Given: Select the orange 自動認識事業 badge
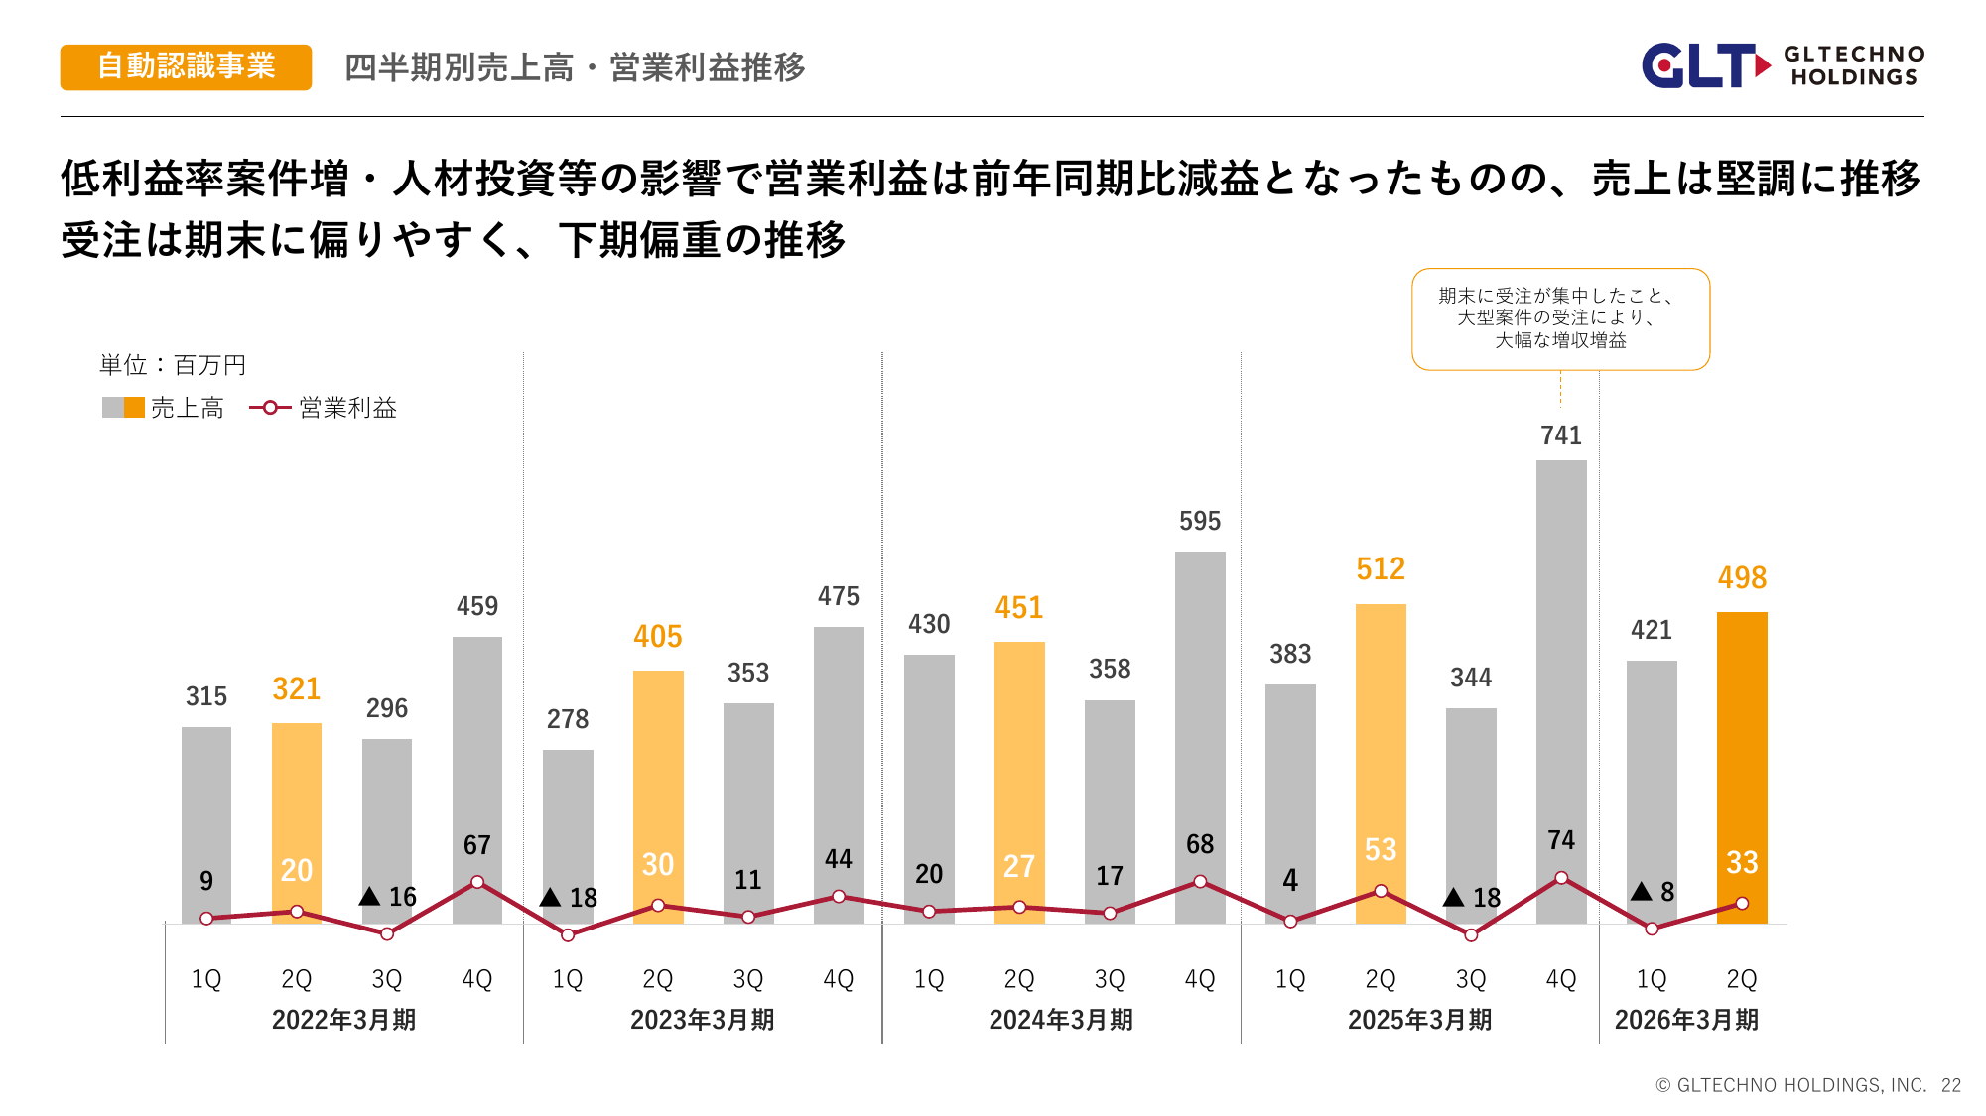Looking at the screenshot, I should [186, 66].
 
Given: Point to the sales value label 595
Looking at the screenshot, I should [1200, 521].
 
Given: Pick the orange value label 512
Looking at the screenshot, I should [1381, 569].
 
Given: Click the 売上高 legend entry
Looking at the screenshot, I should [164, 408].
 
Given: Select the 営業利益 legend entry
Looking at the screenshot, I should [324, 408].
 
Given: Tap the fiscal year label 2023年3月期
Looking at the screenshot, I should [703, 1020].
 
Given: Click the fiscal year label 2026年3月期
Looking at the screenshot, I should [1686, 1020].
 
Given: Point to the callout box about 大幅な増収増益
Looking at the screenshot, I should [1560, 318].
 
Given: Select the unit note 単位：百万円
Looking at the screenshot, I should [173, 365].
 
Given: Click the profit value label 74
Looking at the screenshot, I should [1561, 840].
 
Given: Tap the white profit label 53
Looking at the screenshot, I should [1381, 850].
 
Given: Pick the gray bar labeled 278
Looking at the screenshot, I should [568, 823].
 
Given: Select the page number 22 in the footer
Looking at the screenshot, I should [1951, 1085].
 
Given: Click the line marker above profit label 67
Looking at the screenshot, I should [477, 882].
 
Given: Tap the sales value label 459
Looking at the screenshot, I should [477, 606].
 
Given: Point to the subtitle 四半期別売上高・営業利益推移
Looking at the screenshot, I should [575, 67].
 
